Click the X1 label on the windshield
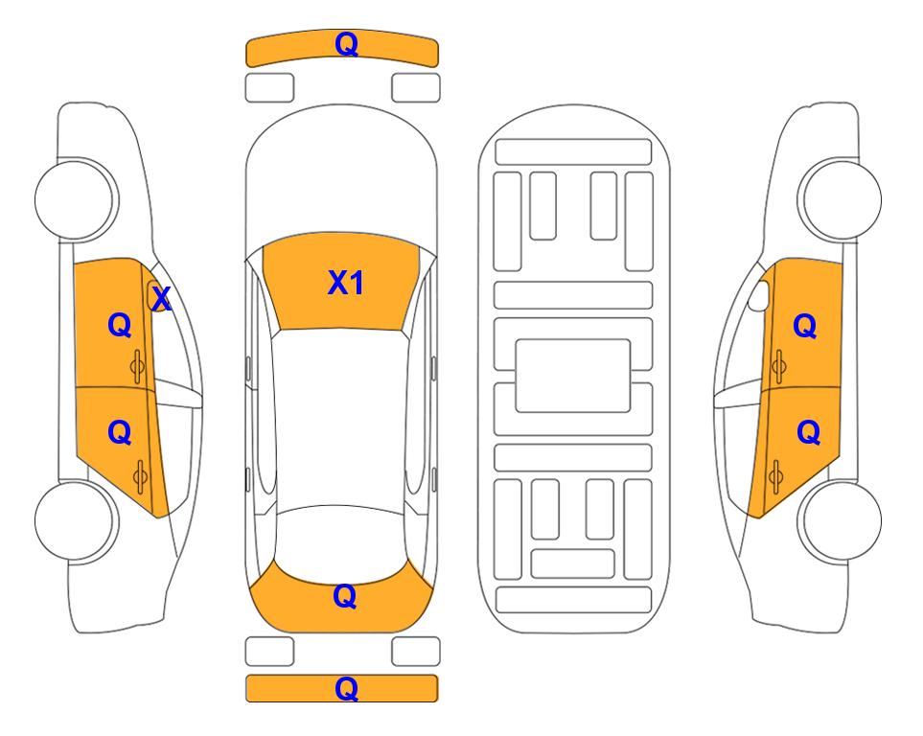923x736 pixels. (346, 284)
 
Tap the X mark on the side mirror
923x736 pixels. (161, 298)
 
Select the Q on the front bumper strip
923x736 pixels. (346, 44)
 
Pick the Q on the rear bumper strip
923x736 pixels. (346, 688)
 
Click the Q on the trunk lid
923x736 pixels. (344, 596)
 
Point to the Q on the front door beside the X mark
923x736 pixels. (120, 325)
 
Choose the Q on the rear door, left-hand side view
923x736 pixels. (120, 433)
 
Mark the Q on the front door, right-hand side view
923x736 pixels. (805, 326)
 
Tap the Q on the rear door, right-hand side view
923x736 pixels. (808, 433)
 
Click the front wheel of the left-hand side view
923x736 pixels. (76, 199)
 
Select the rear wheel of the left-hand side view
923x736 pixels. (76, 521)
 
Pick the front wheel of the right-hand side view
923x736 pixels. (841, 199)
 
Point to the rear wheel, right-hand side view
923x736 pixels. (841, 521)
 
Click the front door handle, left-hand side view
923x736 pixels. (138, 366)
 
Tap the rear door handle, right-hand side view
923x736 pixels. (775, 477)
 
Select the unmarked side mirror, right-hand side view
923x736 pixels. (759, 295)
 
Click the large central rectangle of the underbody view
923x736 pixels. (573, 376)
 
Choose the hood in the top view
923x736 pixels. (341, 173)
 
